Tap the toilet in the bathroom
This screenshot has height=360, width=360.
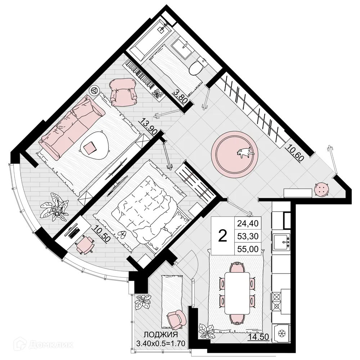[x=197, y=67]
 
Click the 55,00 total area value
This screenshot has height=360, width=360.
[x=248, y=248]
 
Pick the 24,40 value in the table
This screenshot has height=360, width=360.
[x=248, y=224]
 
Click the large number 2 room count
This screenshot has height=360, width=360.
[x=223, y=236]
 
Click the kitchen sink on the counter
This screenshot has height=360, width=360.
[x=281, y=241]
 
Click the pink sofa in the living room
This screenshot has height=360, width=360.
[x=72, y=126]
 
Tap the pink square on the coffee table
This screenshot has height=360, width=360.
[x=90, y=147]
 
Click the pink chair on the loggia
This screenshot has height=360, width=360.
[x=176, y=320]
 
